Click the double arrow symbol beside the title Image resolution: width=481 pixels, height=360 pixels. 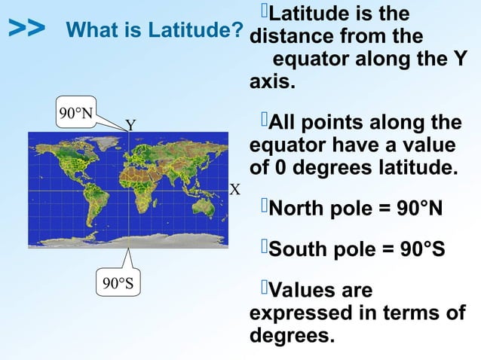(x=26, y=29)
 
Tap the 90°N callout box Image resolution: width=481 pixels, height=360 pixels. (x=75, y=114)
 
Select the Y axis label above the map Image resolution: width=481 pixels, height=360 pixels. (x=130, y=125)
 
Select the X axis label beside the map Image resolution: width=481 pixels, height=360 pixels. (x=234, y=189)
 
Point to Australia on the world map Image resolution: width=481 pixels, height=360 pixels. (x=206, y=207)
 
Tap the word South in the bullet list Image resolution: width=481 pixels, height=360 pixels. (x=298, y=248)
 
